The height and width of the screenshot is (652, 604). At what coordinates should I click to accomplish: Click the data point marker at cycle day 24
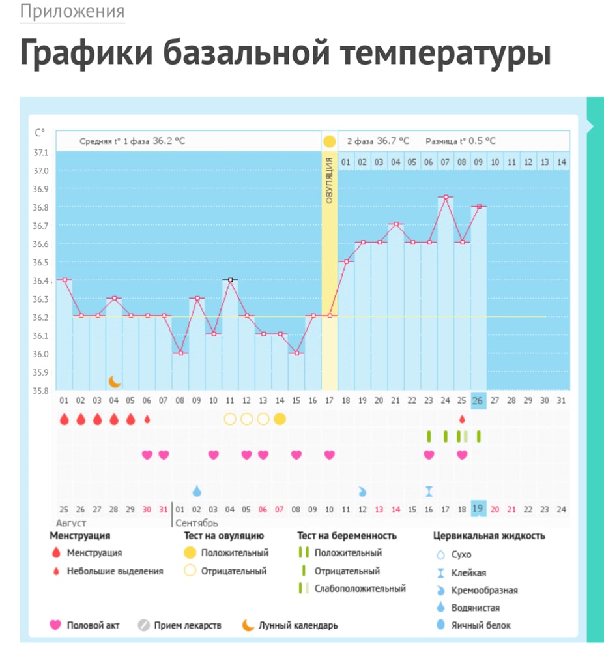tap(446, 197)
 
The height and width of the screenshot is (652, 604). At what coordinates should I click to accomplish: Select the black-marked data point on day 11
tap(230, 280)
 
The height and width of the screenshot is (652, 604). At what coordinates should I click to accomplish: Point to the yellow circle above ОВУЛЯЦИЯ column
tap(330, 141)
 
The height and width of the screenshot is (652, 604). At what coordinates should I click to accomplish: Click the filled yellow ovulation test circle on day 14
tap(280, 419)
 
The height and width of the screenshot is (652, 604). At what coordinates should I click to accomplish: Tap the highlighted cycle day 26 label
tap(478, 400)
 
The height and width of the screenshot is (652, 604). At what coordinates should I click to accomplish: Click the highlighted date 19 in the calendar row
tap(478, 509)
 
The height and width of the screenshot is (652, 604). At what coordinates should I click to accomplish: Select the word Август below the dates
tap(72, 523)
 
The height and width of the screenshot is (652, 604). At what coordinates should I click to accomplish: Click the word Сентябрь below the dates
tap(197, 523)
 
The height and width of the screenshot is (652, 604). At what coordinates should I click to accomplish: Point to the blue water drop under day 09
tap(197, 490)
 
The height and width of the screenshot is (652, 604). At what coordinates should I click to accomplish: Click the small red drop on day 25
tap(462, 419)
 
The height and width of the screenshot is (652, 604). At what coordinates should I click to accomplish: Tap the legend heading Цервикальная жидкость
tap(489, 536)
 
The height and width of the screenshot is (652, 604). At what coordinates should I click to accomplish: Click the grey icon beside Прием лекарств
tap(144, 625)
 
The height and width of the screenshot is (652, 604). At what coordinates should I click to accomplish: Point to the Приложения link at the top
tap(72, 12)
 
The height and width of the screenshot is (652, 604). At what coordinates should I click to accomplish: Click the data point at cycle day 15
tap(296, 353)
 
